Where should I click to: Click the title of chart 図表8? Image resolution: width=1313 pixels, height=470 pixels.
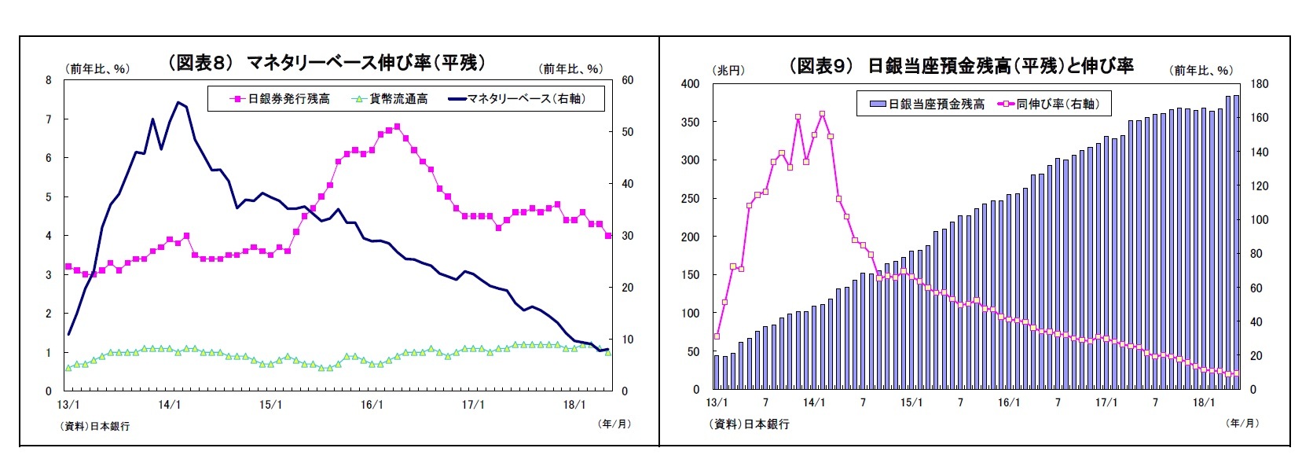[327, 62]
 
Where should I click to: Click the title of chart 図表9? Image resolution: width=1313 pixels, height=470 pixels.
[961, 65]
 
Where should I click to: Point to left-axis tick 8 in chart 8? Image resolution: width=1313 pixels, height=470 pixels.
[49, 80]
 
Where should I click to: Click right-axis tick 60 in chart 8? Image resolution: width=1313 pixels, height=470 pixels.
[627, 80]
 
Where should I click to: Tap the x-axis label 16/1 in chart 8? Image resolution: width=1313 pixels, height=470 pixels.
[372, 405]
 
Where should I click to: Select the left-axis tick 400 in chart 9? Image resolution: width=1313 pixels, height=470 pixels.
[691, 83]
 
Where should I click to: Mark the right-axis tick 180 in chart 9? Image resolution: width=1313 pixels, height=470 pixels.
[1259, 83]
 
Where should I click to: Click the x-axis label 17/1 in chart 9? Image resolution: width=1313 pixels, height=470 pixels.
[1106, 403]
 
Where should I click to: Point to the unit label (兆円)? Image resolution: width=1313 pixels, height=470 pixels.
[728, 71]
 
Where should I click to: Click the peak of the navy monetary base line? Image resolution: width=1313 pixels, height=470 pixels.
[178, 102]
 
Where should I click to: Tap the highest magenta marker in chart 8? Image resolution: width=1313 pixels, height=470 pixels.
[397, 127]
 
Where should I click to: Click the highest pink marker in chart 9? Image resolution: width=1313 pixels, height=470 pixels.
[822, 114]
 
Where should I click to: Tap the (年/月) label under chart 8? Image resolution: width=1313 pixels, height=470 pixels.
[614, 424]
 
